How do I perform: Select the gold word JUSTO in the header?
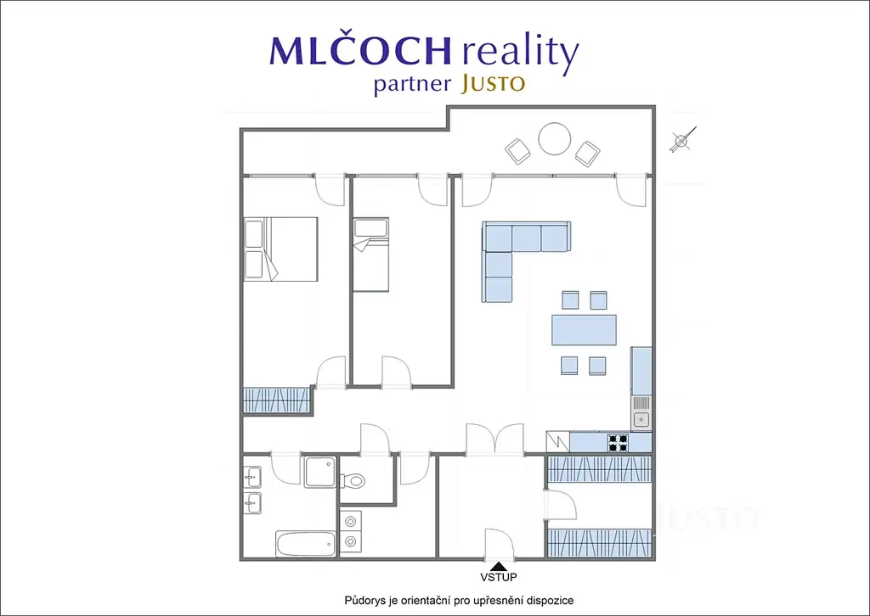493,84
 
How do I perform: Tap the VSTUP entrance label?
498,577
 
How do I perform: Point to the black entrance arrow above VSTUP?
498,566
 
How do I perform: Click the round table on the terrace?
554,138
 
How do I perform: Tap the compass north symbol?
682,140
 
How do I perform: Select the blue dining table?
584,329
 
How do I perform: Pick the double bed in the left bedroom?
280,249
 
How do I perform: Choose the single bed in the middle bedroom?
370,255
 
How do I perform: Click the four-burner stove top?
618,443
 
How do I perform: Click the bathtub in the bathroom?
306,544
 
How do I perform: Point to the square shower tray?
320,472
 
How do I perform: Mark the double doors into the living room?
495,440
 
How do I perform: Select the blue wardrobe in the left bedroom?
276,400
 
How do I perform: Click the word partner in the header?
412,85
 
